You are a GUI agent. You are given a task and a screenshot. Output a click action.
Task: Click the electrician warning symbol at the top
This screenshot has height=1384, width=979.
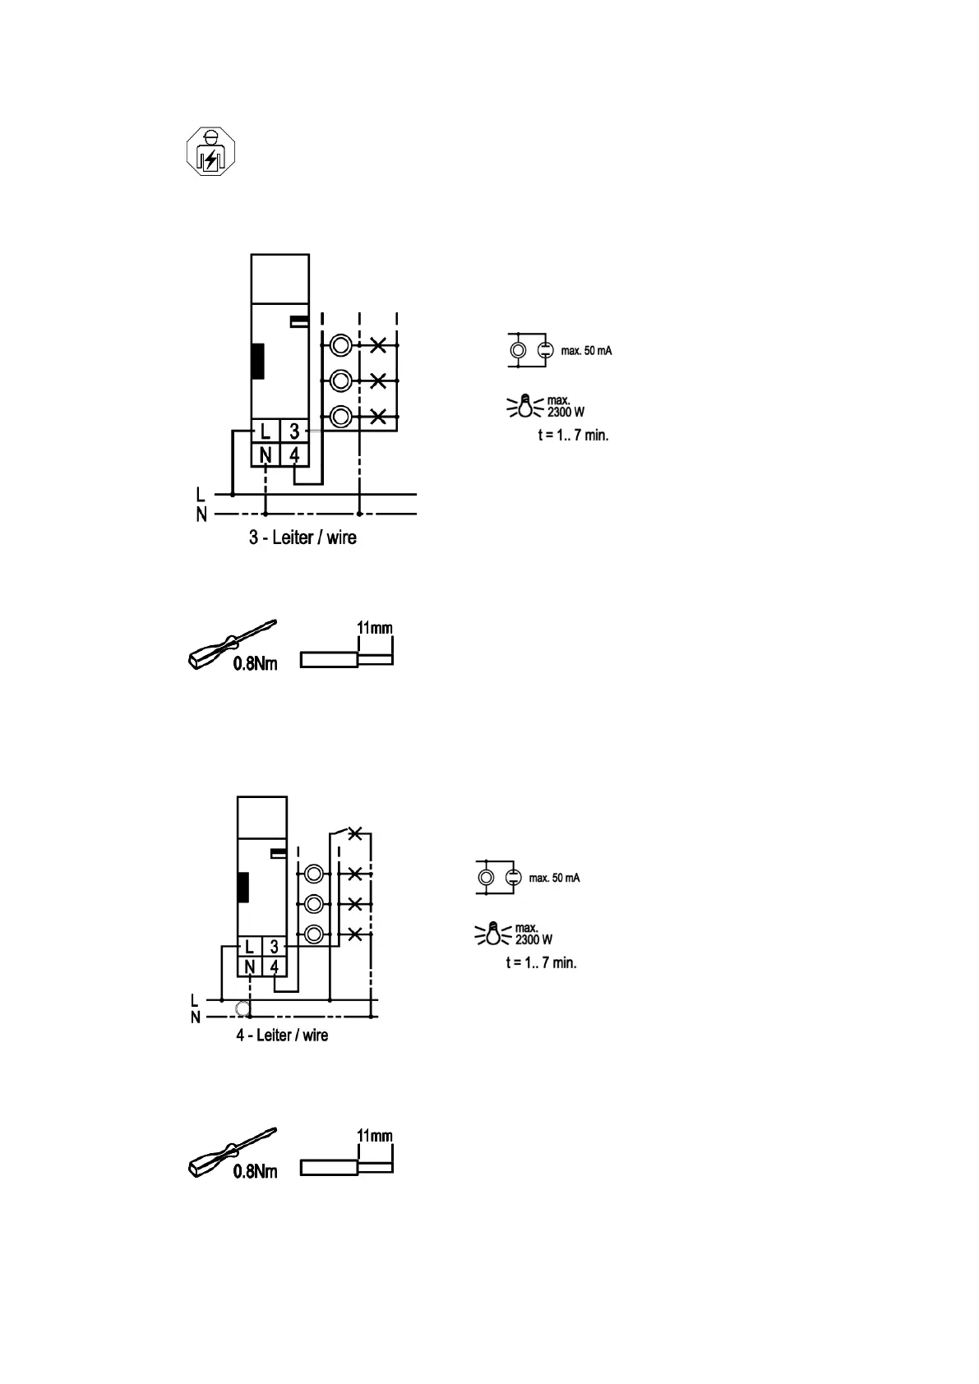click(210, 151)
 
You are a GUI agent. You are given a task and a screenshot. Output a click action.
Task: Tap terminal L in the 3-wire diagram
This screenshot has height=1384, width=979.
click(265, 431)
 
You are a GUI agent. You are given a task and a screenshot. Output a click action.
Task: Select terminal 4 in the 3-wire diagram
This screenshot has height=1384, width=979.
click(294, 454)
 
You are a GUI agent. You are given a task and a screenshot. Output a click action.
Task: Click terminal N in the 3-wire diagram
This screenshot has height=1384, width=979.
click(265, 454)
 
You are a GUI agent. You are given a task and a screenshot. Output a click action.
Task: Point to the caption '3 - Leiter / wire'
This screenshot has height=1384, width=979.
click(302, 538)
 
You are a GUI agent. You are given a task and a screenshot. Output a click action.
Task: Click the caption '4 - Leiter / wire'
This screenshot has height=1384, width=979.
click(282, 1035)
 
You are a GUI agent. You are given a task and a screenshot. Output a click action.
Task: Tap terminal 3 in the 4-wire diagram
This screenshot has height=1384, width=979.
click(275, 947)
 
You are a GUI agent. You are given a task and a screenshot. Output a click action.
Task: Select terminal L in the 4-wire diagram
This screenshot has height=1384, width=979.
click(249, 947)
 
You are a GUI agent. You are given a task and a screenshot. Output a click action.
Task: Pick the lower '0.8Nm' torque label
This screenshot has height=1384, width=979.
click(255, 1172)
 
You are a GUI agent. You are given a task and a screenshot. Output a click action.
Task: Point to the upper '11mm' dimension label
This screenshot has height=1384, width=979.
click(374, 628)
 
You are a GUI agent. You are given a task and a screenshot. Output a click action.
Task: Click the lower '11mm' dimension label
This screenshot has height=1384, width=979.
click(374, 1136)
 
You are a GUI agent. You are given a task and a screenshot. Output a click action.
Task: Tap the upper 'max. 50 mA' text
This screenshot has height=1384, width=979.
click(586, 351)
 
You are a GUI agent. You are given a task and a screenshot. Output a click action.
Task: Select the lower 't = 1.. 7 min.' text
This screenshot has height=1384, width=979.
click(541, 962)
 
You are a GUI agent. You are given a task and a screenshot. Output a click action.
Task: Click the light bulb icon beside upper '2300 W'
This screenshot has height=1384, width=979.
click(525, 405)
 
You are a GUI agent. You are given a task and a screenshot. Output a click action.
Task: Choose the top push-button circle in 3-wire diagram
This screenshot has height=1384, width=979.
click(341, 345)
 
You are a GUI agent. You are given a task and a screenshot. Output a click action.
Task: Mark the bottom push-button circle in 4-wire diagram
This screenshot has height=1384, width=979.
click(312, 934)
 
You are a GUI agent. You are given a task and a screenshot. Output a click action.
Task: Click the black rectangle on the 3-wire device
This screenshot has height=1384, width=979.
click(257, 361)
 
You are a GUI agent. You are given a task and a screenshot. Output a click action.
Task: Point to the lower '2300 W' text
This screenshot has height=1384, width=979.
click(533, 939)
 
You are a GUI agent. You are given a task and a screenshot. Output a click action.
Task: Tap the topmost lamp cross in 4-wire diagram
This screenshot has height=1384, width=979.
click(354, 833)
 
